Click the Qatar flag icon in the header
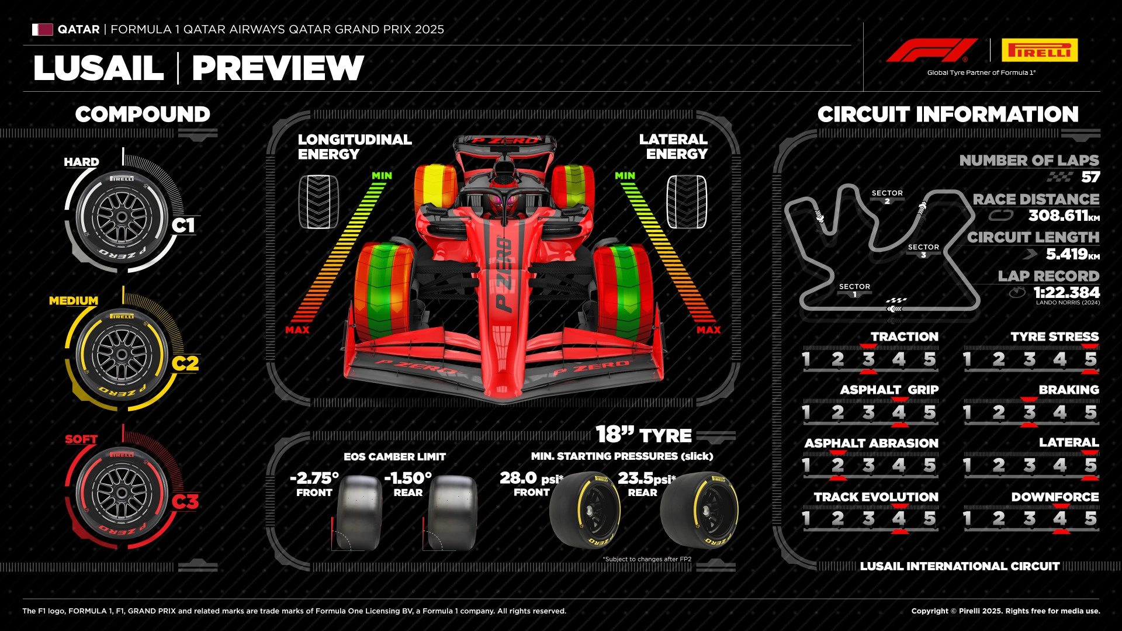(x=42, y=29)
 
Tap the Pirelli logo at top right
(x=1040, y=50)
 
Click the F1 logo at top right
(x=931, y=50)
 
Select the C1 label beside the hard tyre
(x=183, y=225)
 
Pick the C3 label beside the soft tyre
(x=185, y=501)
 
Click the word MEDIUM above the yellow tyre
(x=74, y=300)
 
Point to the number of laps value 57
(x=1090, y=177)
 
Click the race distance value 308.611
(x=1058, y=216)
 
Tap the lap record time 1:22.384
(x=1066, y=292)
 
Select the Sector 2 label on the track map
(x=887, y=196)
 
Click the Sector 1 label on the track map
(x=854, y=290)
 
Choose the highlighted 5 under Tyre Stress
(x=1090, y=359)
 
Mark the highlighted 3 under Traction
(x=868, y=359)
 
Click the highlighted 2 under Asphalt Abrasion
(x=837, y=465)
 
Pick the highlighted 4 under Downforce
(x=1059, y=518)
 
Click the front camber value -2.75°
(x=314, y=478)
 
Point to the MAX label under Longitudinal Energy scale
(x=297, y=330)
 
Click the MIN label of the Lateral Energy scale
(x=625, y=175)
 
